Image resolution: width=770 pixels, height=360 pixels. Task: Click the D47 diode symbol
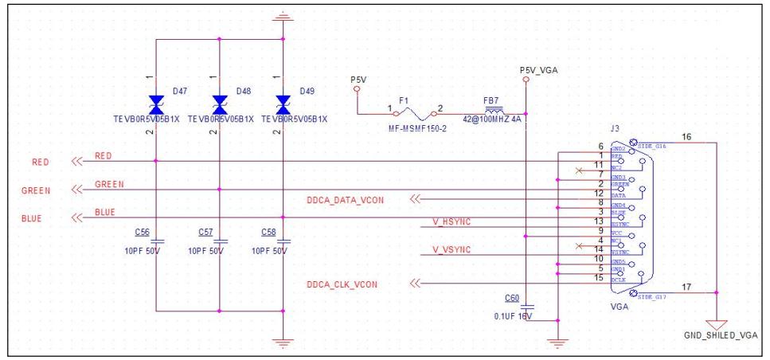click(x=154, y=102)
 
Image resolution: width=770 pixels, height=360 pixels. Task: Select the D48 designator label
click(x=242, y=92)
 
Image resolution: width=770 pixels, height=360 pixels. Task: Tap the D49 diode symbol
click(x=282, y=102)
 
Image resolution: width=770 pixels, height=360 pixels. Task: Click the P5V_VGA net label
click(x=538, y=70)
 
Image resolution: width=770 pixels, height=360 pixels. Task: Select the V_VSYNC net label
click(x=451, y=249)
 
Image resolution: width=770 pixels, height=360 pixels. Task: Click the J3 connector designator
click(x=615, y=129)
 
